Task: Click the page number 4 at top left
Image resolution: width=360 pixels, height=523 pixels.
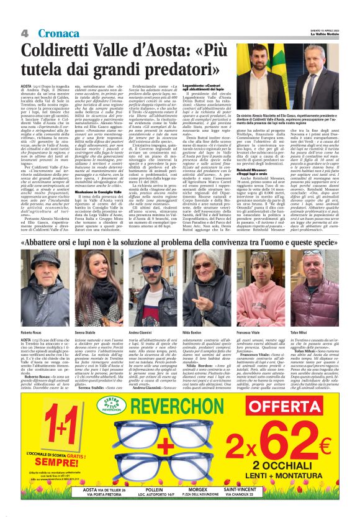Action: (x=25, y=32)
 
